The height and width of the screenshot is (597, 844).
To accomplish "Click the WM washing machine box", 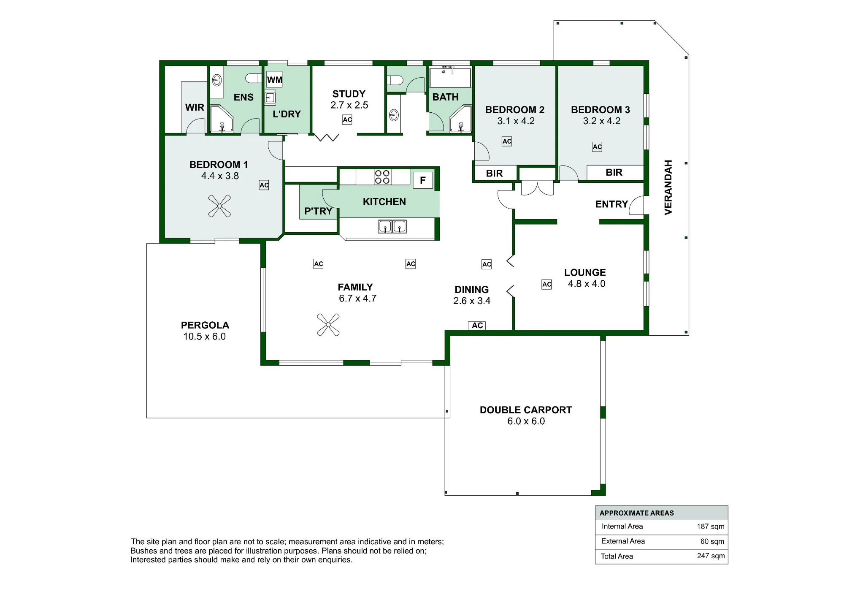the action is point(275,80).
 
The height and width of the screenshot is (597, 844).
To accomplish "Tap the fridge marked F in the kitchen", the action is point(423,180).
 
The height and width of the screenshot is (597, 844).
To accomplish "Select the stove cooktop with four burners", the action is point(382,177).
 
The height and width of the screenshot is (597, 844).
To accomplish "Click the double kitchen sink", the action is point(392,227).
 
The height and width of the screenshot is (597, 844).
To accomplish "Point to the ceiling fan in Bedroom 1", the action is point(219,206).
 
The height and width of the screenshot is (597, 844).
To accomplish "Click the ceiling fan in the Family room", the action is point(328,325).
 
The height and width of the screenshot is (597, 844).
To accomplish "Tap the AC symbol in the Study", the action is point(347,120).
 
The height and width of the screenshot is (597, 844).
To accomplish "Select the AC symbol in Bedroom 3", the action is point(597,147).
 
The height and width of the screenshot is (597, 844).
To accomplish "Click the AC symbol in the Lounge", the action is point(547,285).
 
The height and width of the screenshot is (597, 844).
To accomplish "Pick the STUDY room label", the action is point(349,94).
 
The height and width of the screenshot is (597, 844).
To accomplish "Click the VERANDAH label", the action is point(668,187).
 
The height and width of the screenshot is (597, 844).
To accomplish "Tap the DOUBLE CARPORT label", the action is point(526,410).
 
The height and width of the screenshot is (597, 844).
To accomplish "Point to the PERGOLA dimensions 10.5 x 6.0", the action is point(205,336).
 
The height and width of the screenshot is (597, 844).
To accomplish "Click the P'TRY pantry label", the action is point(318,211).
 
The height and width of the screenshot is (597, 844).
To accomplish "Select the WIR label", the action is point(195,108).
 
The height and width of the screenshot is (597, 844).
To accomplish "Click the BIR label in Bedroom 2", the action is point(495,174).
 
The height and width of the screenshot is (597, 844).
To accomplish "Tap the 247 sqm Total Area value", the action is point(711,556).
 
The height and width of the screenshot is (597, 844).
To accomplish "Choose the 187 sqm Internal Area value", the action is point(711,526).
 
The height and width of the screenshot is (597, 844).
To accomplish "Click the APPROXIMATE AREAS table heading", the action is point(637,513).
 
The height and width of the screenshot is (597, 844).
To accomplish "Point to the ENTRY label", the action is point(611,204).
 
